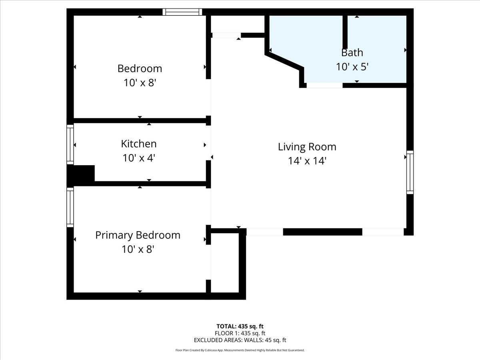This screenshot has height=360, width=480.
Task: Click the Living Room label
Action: (307, 147)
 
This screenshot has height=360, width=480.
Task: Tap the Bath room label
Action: (352, 53)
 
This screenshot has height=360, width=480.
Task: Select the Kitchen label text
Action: (139, 144)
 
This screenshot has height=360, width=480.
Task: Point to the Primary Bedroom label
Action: (138, 236)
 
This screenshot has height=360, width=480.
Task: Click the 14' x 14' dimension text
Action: (307, 161)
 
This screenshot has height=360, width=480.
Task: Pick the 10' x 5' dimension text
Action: (352, 67)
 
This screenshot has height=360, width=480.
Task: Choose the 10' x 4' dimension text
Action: (139, 158)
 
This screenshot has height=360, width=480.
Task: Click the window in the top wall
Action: (182, 12)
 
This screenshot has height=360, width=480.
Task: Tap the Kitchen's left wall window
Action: (70, 144)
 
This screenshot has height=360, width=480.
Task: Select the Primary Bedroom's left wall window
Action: (70, 207)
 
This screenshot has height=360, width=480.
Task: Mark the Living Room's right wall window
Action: (410, 172)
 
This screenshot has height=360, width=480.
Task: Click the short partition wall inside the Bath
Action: (345, 32)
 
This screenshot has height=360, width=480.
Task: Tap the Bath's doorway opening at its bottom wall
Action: (324, 85)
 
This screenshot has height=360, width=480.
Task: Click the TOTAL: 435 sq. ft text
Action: (240, 326)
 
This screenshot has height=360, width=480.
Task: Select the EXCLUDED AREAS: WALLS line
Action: (240, 340)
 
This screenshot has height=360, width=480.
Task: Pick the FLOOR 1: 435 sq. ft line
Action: (240, 333)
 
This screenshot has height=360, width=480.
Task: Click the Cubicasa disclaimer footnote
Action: (240, 350)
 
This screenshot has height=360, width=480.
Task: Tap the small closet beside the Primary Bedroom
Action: (225, 263)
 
